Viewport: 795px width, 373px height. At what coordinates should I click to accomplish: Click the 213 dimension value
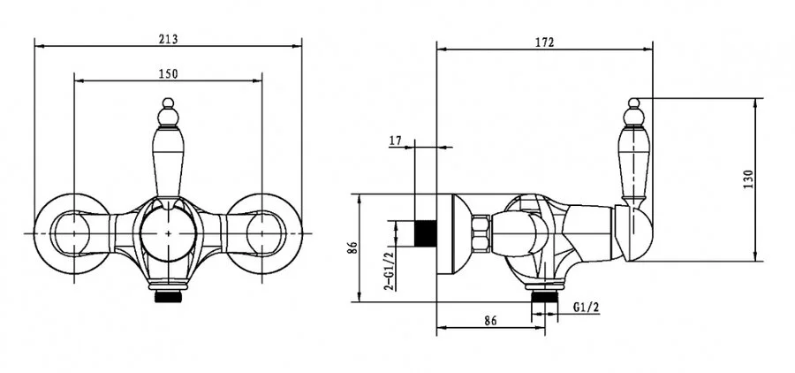coord(169,39)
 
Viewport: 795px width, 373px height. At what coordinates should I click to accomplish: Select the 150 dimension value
coord(169,73)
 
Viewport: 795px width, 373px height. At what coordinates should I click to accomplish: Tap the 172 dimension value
coord(544,42)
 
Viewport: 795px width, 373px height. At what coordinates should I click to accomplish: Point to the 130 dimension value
coord(748,179)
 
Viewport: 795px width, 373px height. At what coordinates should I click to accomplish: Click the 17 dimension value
coord(396,141)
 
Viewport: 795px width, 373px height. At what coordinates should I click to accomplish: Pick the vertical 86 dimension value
coord(352,247)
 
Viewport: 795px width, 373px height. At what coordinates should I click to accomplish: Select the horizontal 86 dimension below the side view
coord(490,320)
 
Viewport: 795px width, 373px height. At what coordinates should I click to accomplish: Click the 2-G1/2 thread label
coord(389,271)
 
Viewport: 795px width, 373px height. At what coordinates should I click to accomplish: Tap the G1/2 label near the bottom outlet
coord(587,307)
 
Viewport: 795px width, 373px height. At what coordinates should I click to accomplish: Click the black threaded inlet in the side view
coord(426,233)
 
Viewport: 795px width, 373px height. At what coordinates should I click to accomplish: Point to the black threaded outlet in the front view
coord(169,296)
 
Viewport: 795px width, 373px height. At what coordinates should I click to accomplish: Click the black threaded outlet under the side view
coord(544,296)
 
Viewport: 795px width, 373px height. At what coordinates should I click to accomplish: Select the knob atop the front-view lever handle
coord(169,112)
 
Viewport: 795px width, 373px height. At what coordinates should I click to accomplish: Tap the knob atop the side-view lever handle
coord(633,112)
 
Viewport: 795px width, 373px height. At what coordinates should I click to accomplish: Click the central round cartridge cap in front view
coord(169,233)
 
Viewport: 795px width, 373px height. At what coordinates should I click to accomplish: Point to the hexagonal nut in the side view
coord(481,233)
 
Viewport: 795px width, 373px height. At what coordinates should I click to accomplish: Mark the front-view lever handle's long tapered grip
coord(168,163)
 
